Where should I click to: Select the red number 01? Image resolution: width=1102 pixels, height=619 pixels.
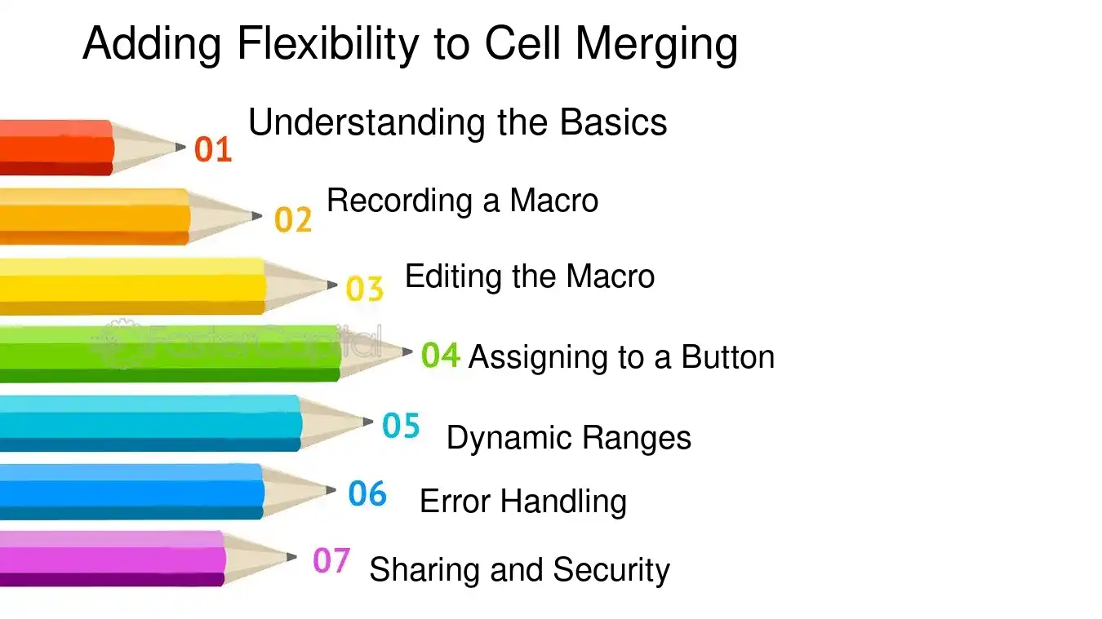coord(213,149)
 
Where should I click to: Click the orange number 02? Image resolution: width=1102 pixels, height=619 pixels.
coord(293,219)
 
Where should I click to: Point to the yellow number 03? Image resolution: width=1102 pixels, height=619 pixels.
coord(364,289)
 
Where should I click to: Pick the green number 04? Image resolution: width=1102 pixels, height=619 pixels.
coord(441,356)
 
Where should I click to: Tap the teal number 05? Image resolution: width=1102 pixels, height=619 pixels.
coord(401,426)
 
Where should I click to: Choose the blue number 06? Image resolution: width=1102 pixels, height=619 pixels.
coord(367,493)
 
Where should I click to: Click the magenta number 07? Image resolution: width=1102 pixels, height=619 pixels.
coord(331,560)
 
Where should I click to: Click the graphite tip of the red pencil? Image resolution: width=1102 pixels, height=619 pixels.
coord(180,148)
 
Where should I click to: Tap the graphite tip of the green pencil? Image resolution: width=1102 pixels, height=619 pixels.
coord(407,352)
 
